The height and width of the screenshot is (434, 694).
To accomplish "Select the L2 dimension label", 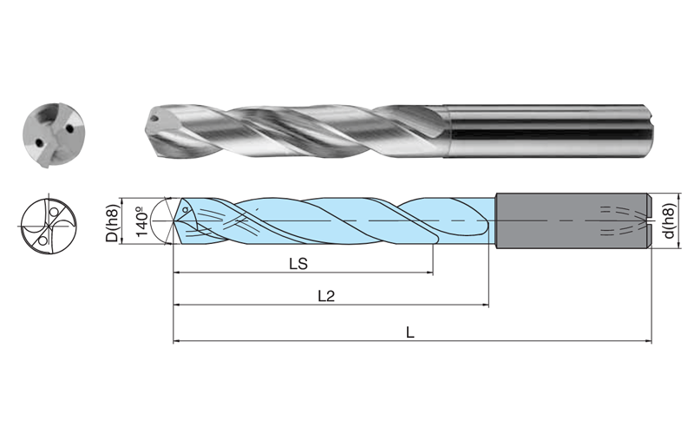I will click(x=326, y=295).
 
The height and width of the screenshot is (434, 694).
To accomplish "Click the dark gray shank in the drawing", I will click(x=555, y=221).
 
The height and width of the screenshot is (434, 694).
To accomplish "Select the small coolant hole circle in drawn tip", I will click(x=186, y=210).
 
